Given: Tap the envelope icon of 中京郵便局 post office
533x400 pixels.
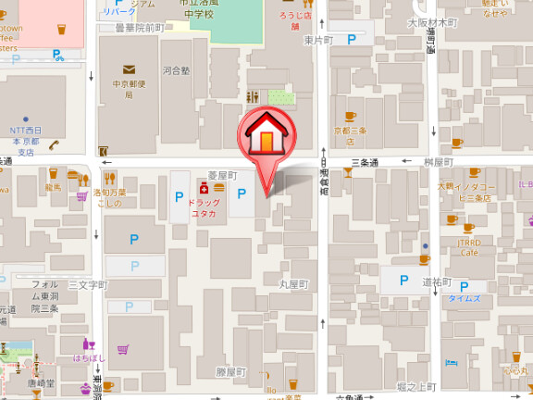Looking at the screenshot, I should tap(129, 69).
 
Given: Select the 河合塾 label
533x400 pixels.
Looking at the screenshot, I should tap(175, 69).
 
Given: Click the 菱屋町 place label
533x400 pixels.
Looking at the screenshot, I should tap(222, 174).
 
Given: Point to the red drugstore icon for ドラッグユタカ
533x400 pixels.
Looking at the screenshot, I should tap(203, 188).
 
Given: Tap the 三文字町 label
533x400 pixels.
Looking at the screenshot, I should tap(88, 284).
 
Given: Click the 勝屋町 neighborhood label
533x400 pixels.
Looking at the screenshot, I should tap(231, 371).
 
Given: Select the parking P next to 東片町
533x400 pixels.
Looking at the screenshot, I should tap(352, 40).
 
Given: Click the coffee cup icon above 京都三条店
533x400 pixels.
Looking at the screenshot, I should tap(350, 117).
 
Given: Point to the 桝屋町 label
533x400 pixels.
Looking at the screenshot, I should tap(436, 162).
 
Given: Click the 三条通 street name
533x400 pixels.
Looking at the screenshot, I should tap(367, 162).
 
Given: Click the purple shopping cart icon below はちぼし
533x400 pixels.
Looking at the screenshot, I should tap(122, 349).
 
